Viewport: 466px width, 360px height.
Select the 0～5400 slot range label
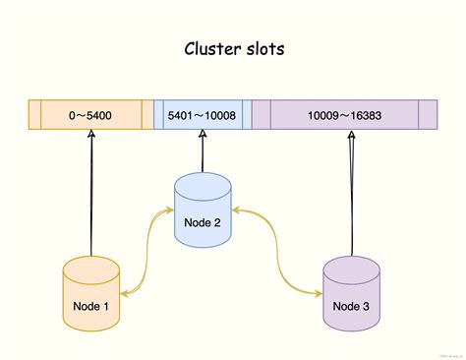click(90, 116)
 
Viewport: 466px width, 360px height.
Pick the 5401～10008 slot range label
click(202, 116)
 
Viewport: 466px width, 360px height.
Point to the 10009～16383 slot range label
click(344, 116)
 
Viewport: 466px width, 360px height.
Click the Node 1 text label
click(90, 305)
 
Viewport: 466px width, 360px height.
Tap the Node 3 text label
click(351, 305)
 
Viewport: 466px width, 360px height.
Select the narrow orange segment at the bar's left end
click(34, 116)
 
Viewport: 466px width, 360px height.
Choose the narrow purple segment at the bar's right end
click(428, 116)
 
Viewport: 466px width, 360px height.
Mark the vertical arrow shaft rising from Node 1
click(90, 197)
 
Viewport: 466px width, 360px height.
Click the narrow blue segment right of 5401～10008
click(247, 116)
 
